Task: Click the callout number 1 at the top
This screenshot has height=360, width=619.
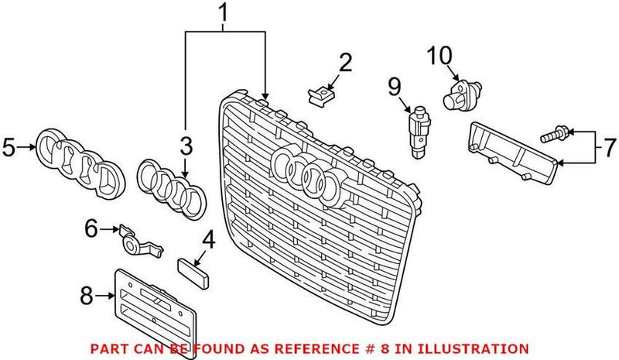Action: (x=224, y=13)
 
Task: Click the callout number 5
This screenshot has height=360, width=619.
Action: (x=9, y=146)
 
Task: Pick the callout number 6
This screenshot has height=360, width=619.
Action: (x=92, y=228)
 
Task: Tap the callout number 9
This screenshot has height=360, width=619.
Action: (x=393, y=84)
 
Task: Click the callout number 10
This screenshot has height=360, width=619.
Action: (x=438, y=57)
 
